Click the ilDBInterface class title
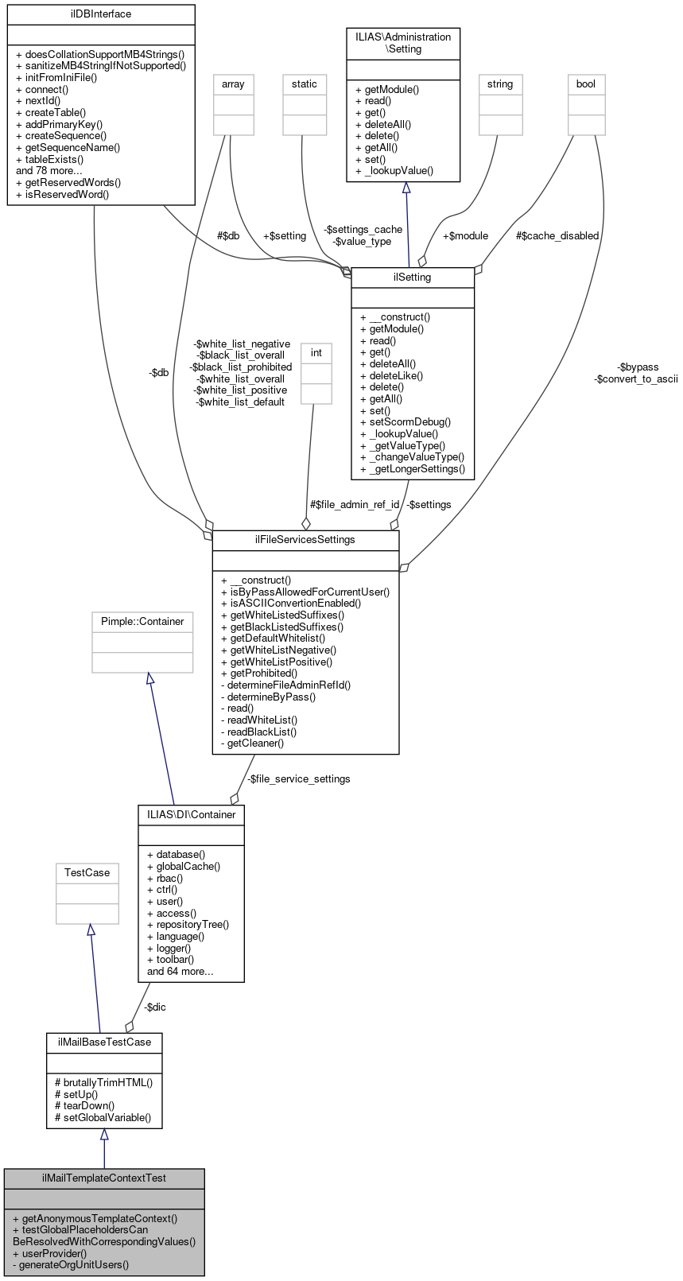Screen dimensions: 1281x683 tap(100, 14)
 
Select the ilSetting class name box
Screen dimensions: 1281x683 tap(412, 278)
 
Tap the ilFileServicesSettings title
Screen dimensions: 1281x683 tap(305, 539)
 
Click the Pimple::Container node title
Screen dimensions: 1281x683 tap(142, 621)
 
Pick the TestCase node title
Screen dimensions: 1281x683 tap(87, 872)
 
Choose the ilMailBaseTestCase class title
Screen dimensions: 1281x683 tap(103, 1042)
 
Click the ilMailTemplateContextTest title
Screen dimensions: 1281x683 tap(103, 1178)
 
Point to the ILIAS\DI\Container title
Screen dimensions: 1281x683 tap(191, 814)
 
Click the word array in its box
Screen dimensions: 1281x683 tap(233, 83)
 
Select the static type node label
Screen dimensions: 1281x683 tap(304, 83)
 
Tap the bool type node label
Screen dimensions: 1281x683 tap(585, 83)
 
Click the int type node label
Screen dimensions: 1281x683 tap(316, 352)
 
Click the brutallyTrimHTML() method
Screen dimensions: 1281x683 tap(103, 1082)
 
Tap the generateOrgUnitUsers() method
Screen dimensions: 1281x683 tap(71, 1264)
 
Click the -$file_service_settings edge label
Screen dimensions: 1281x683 tap(298, 778)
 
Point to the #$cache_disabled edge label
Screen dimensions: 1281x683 tap(557, 235)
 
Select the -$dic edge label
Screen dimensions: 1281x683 tap(154, 1007)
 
